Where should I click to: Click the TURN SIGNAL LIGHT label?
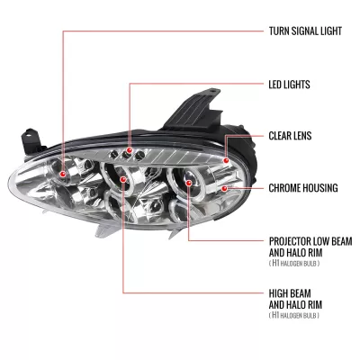click(305, 31)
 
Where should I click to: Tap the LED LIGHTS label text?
click(289, 85)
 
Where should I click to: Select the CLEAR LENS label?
click(290, 136)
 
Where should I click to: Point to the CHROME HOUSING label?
click(303, 188)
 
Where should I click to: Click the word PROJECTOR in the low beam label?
click(290, 241)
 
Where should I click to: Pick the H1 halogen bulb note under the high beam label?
click(294, 316)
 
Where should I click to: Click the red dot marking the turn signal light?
click(63, 174)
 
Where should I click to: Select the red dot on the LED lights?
click(130, 149)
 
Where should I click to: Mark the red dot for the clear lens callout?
click(226, 160)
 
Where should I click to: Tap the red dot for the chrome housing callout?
click(224, 188)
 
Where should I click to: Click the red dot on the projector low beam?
click(188, 183)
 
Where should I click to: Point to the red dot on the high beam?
click(122, 179)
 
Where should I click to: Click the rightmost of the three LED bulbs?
click(139, 156)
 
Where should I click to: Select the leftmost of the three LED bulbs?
click(114, 155)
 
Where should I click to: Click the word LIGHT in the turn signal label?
click(329, 31)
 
